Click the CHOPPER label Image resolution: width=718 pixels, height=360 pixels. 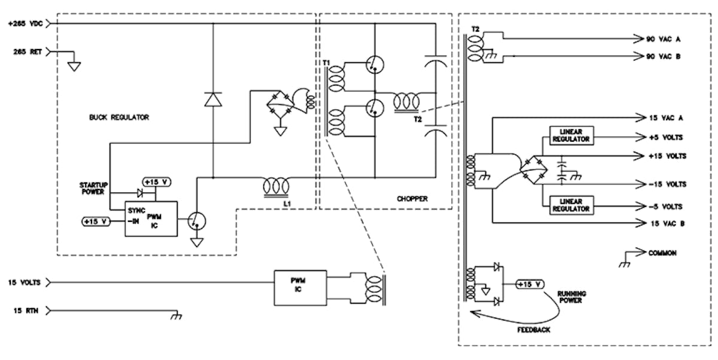tap(412, 198)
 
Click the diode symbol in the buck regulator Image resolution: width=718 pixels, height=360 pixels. tap(213, 99)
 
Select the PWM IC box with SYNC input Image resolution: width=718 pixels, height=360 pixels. tap(151, 219)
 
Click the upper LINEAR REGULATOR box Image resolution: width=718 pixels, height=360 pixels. tap(570, 135)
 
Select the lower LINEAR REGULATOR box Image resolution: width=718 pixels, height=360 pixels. tap(570, 205)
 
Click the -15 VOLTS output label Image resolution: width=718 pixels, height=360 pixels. tap(667, 184)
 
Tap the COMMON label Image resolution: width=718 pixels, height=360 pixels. tap(662, 253)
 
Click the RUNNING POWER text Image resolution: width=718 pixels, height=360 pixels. tap(571, 297)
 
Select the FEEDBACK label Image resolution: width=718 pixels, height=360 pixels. tap(534, 330)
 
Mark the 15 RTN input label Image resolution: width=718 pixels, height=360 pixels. tap(25, 310)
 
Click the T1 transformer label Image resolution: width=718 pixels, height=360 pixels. tap(325, 63)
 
